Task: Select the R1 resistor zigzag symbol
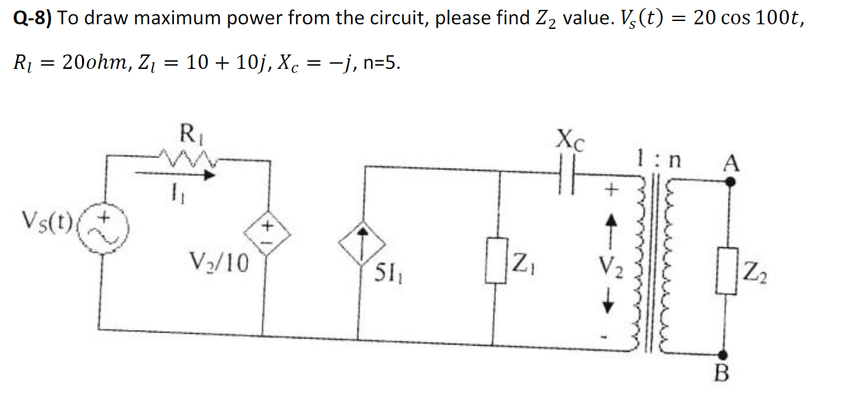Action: [186, 158]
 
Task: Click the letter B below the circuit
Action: [721, 377]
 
